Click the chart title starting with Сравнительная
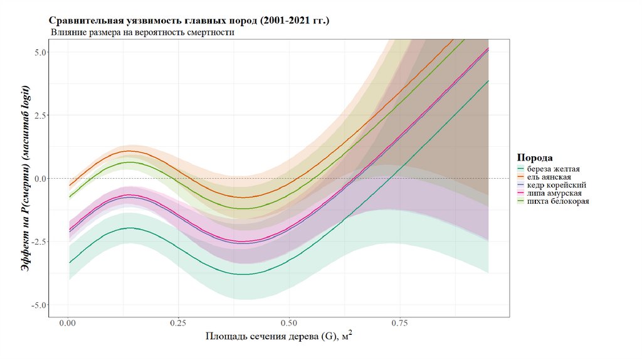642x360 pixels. (189, 21)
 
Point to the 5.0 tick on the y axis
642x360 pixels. (39, 52)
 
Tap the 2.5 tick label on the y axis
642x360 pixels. (39, 115)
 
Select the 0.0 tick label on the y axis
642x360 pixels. (39, 179)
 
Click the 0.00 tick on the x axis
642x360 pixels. (67, 324)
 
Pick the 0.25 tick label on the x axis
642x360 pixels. (178, 324)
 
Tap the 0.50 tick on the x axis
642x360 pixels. (289, 324)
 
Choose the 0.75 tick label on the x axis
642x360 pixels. (400, 324)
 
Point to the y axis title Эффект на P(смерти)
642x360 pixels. (26, 179)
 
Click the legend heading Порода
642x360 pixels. (534, 157)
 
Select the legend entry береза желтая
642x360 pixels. (554, 169)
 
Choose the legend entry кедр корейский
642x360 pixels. (557, 186)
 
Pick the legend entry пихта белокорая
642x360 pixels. (558, 201)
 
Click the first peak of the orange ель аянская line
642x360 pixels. (129, 151)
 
